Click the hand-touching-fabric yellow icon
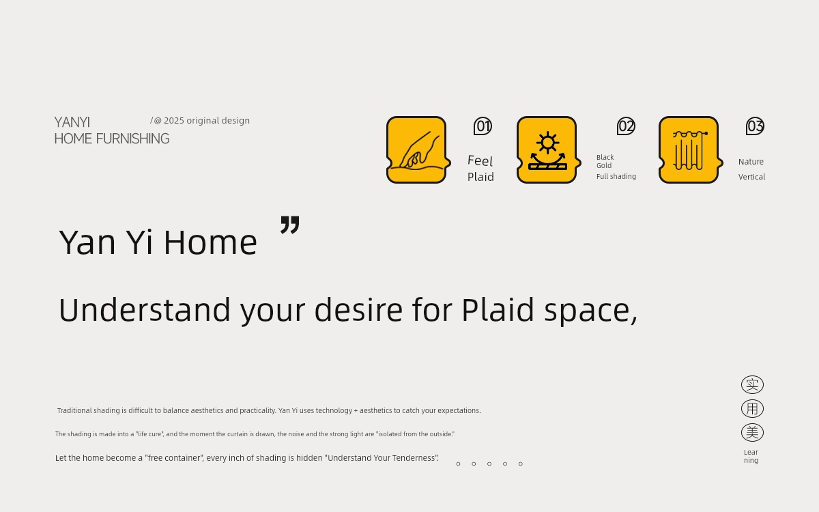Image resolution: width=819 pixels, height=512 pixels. (x=418, y=150)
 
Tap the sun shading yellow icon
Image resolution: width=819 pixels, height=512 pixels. (x=549, y=150)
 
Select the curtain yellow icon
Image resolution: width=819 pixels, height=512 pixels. (x=690, y=150)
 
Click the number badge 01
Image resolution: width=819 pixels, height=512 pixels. (x=483, y=126)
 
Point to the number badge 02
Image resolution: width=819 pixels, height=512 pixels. (x=626, y=126)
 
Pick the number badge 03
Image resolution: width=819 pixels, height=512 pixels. (x=755, y=126)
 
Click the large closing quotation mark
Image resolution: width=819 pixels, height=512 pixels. (x=290, y=225)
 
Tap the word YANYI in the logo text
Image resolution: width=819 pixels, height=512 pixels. (x=72, y=122)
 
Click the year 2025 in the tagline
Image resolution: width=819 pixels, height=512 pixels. (x=173, y=120)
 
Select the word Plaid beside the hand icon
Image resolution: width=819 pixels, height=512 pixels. (x=480, y=177)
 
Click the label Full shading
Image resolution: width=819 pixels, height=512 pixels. (x=616, y=177)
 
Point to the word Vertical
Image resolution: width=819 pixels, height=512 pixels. (x=751, y=177)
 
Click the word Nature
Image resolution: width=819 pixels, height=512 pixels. (x=751, y=162)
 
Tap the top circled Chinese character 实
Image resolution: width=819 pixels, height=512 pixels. (x=752, y=385)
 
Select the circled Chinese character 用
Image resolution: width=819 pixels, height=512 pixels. (x=752, y=408)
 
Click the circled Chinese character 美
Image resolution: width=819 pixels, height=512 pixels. (x=752, y=433)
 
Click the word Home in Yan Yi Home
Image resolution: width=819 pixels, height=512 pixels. (x=211, y=242)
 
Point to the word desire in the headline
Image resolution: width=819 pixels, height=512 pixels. (x=359, y=310)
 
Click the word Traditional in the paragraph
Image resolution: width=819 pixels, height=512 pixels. (x=74, y=410)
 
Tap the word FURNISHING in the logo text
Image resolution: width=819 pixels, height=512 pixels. (x=132, y=139)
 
